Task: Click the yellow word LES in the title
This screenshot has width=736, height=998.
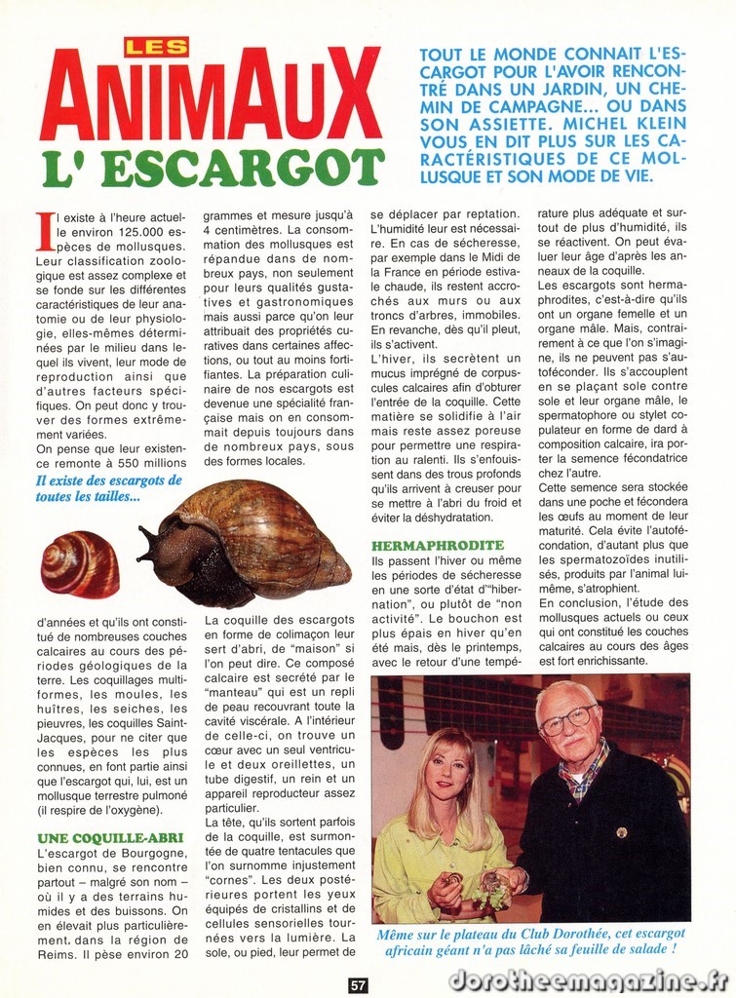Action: point(156,46)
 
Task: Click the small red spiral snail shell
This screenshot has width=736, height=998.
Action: point(79,563)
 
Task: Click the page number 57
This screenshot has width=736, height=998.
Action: point(358,984)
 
